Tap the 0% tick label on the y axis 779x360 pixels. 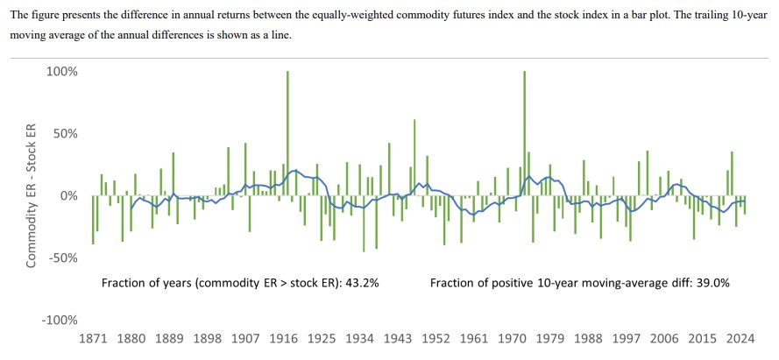pos(69,196)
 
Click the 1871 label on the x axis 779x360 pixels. pos(92,338)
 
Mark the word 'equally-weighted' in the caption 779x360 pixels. pos(337,12)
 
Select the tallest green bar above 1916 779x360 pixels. pos(287,131)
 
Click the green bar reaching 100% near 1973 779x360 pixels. pos(524,131)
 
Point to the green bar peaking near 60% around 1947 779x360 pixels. pos(414,158)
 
